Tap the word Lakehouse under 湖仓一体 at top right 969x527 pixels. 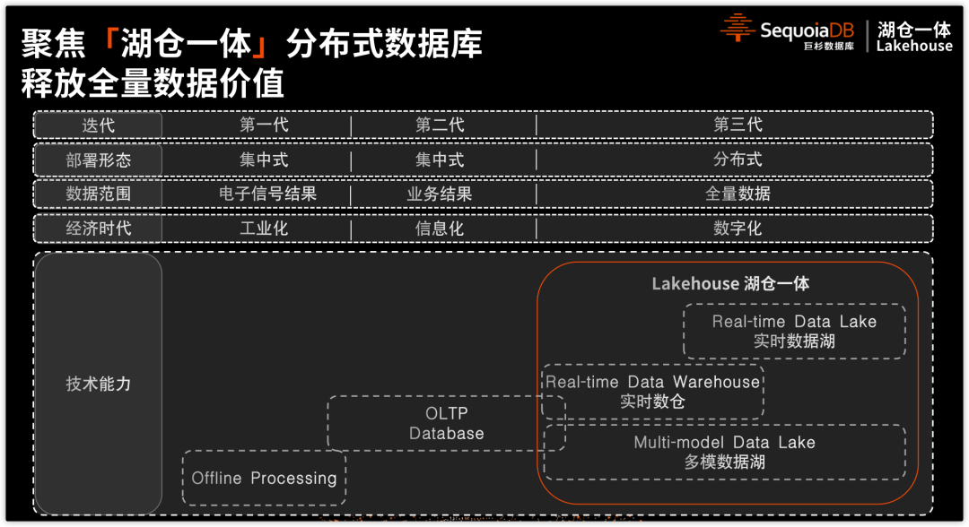(914, 47)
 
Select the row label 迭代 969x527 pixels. (98, 125)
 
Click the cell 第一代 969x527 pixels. (264, 125)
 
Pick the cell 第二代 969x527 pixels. (440, 125)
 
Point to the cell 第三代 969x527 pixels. (738, 125)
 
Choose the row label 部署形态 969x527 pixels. (98, 160)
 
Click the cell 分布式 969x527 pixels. (738, 160)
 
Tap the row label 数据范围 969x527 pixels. (98, 194)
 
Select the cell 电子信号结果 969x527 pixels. (267, 194)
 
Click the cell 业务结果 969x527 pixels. (440, 194)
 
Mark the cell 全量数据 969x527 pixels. (738, 194)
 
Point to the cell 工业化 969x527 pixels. (264, 228)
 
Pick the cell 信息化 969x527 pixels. (440, 228)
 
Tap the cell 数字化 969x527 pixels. (738, 228)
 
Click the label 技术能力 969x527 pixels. (98, 384)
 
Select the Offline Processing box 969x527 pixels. (264, 478)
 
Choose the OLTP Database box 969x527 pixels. (446, 423)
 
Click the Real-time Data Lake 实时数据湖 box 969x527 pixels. (794, 331)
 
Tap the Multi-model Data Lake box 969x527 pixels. (725, 452)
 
